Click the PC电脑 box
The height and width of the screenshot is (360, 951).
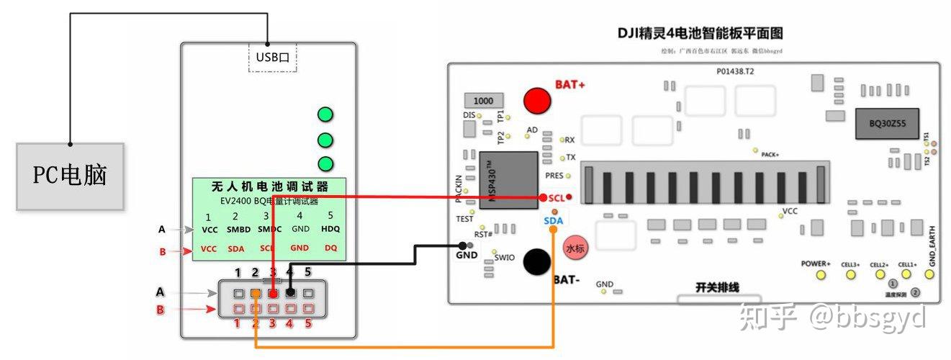coord(70,176)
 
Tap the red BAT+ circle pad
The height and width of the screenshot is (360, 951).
coord(536,100)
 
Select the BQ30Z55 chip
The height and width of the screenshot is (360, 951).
coord(881,124)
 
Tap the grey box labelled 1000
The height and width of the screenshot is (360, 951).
coord(483,100)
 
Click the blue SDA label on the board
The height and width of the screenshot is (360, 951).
coord(553,220)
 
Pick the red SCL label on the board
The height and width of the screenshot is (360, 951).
coord(556,197)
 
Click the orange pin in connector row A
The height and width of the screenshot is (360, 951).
coord(256,293)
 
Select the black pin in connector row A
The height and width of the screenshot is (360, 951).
coord(291,293)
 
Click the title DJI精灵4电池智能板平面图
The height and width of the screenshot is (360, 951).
coord(700,33)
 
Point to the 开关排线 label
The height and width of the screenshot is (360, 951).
coord(717,287)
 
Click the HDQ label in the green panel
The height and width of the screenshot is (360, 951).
coord(330,229)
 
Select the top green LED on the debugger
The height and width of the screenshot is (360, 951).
coord(325,114)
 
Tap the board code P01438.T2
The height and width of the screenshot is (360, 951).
coord(735,72)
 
